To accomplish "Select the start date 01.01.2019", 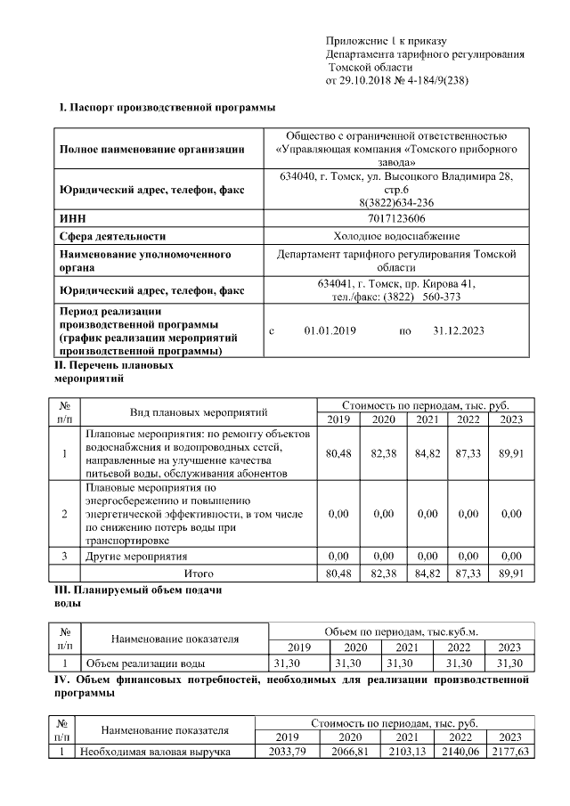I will (330, 330).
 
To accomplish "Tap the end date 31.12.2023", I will (458, 330).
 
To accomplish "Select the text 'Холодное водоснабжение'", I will (396, 236).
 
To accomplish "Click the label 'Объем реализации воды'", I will (144, 664).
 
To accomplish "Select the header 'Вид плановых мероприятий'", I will (199, 412).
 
